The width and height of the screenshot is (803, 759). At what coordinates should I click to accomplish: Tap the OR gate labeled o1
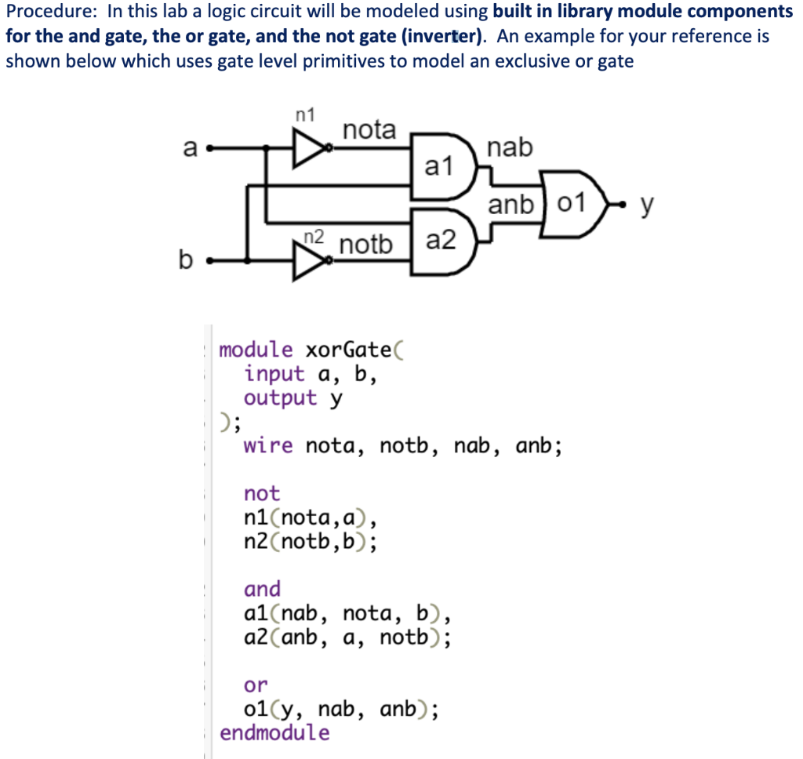point(576,204)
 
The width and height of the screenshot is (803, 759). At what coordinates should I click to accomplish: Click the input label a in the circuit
point(189,147)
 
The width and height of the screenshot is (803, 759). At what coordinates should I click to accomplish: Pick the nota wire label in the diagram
point(370,129)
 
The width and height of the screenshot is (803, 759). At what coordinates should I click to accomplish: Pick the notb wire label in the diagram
point(365,245)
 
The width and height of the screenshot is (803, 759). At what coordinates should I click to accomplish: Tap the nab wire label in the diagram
point(509,147)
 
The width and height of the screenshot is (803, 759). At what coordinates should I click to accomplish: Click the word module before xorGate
point(256,349)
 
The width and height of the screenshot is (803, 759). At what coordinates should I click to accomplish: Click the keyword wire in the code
point(268,446)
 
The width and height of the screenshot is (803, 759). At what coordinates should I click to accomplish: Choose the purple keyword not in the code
point(262,493)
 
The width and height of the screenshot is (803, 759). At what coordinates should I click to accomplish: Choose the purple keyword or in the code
point(256,685)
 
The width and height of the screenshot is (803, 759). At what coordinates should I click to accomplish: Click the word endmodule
point(275,733)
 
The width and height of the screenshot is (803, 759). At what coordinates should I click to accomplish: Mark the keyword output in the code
point(281,398)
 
